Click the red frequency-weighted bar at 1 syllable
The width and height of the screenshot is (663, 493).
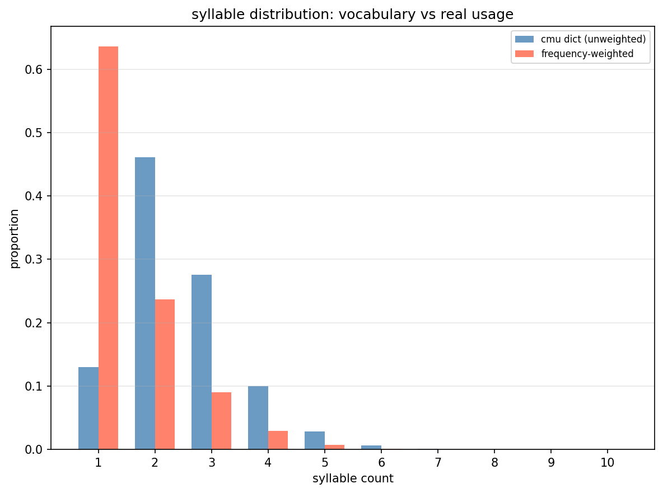point(108,247)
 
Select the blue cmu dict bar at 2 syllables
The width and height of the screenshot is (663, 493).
point(145,303)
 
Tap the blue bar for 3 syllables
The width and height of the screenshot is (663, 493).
point(202,362)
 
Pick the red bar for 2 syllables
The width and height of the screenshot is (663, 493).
point(165,374)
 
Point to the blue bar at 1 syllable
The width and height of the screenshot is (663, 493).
point(88,408)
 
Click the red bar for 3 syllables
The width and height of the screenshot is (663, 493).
point(221,421)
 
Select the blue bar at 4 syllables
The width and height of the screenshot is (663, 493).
point(258,417)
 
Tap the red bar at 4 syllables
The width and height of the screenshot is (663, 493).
point(278,440)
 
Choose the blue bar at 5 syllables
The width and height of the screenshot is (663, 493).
point(315,440)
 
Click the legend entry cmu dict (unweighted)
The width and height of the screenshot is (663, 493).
point(593,39)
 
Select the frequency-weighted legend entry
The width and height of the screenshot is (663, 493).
point(587,54)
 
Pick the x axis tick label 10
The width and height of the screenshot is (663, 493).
point(607,463)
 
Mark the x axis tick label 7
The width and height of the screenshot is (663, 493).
point(438,463)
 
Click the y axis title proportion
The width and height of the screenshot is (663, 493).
point(15,238)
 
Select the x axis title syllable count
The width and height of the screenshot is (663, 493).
point(353,478)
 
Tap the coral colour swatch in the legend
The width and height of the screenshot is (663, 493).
point(525,54)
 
